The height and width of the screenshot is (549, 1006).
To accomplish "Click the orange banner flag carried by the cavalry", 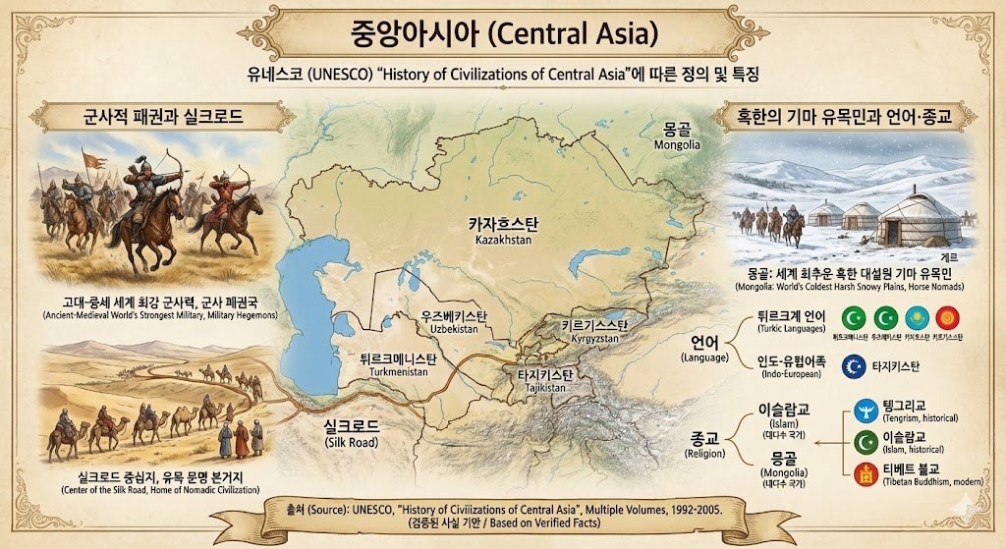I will (x=93, y=159).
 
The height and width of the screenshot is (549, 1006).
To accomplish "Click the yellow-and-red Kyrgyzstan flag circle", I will (x=948, y=318).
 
